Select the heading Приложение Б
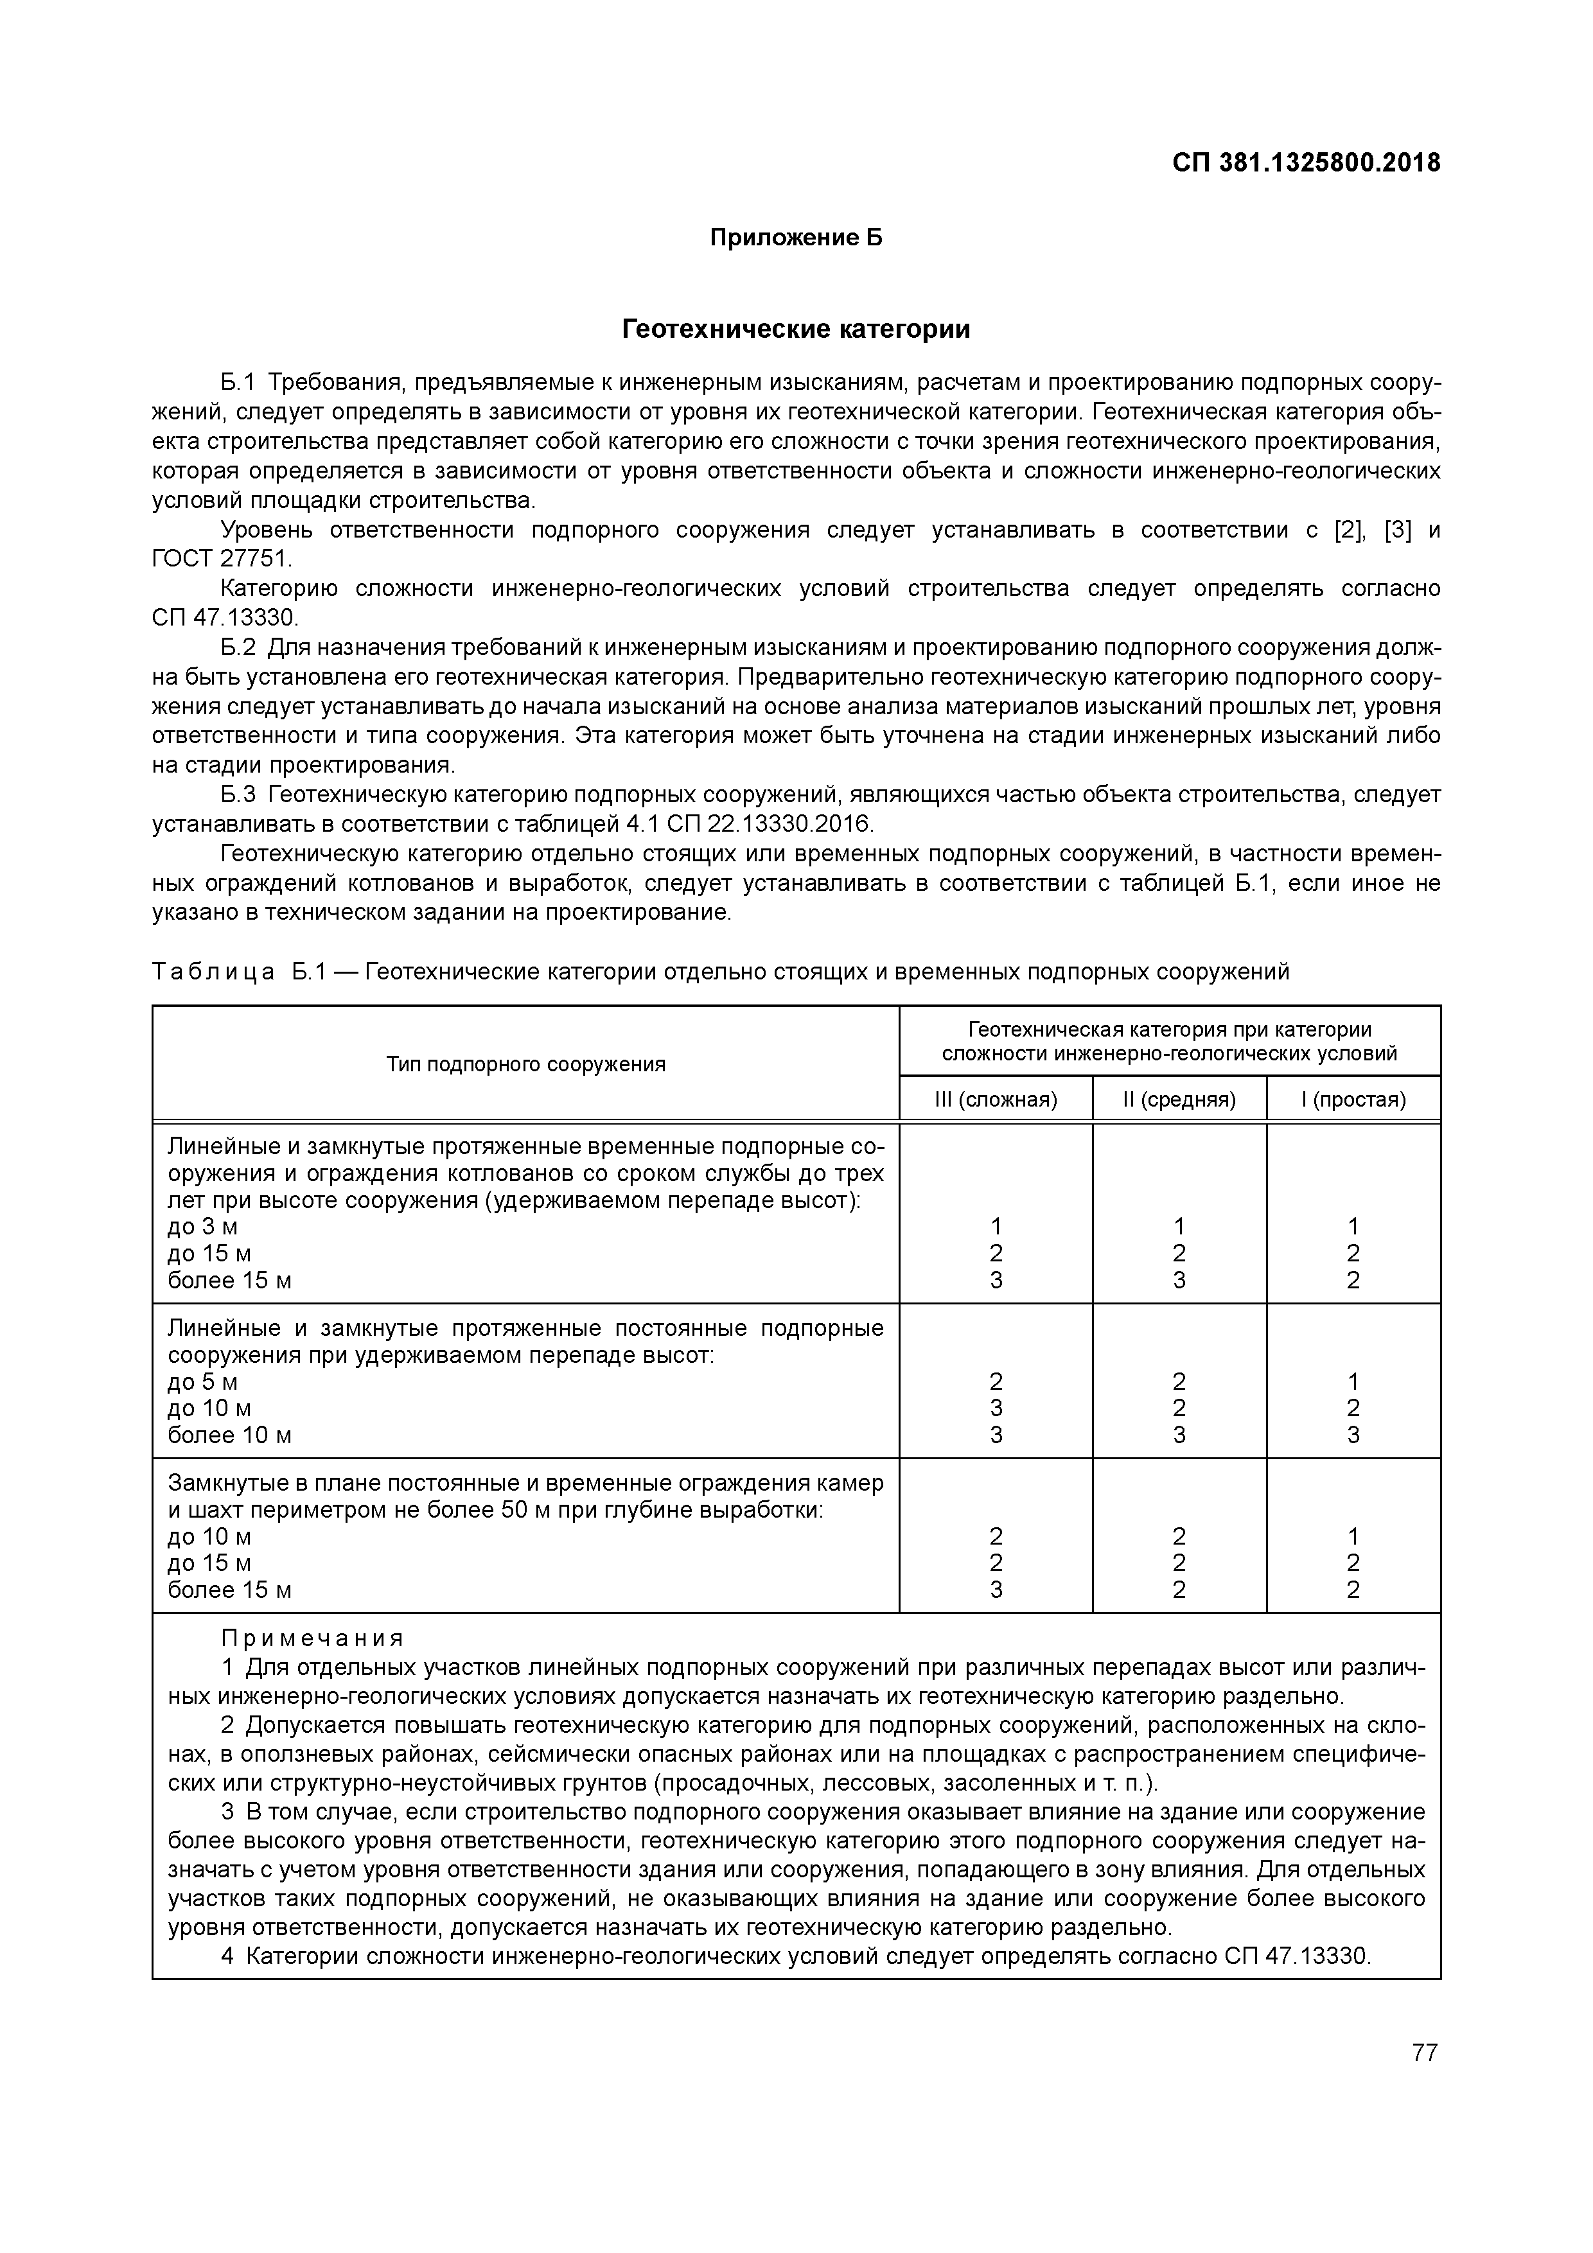796,238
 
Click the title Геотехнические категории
796,329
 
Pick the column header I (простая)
1353,1099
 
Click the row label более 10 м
230,1435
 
